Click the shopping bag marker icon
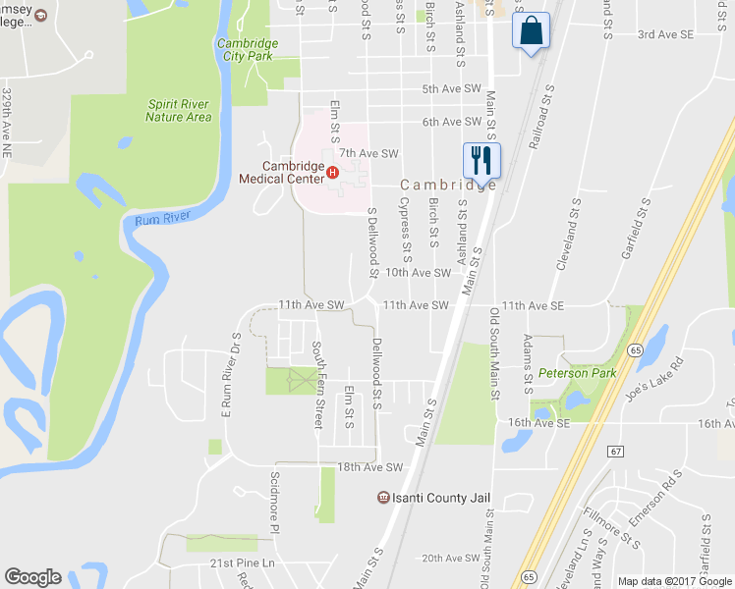[531, 29]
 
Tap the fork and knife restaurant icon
[481, 160]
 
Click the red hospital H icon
[332, 173]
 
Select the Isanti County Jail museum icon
[382, 498]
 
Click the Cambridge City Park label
[247, 50]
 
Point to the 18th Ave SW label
[369, 467]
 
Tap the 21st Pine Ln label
[243, 562]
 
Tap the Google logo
[32, 577]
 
